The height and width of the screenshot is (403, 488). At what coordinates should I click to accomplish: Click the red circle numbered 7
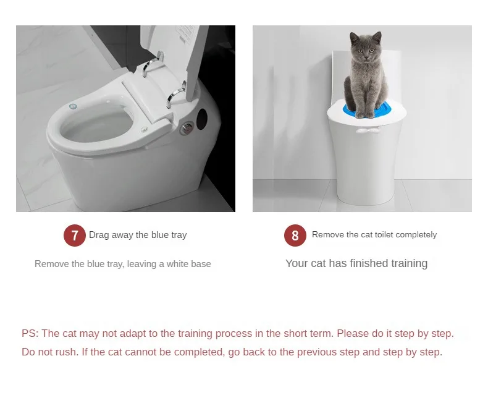pyautogui.click(x=75, y=235)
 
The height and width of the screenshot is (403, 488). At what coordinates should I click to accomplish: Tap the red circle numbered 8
pyautogui.click(x=295, y=235)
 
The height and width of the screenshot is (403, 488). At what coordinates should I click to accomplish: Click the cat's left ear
pyautogui.click(x=354, y=38)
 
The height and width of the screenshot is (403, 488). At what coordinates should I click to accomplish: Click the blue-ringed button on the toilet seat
pyautogui.click(x=72, y=107)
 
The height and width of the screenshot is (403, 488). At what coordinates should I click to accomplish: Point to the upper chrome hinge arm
pyautogui.click(x=151, y=64)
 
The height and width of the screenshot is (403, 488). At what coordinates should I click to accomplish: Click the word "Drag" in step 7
pyautogui.click(x=99, y=235)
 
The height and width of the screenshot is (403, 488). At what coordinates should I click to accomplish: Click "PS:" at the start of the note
pyautogui.click(x=30, y=333)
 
